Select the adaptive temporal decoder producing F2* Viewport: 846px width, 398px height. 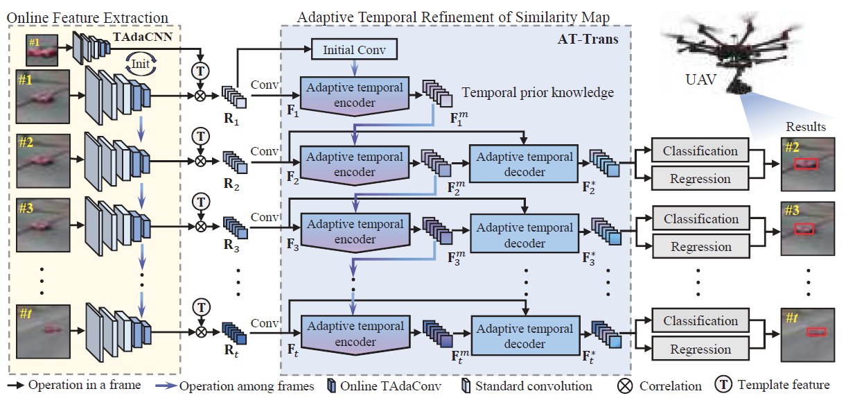[x=524, y=164]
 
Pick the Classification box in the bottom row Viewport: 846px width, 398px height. [x=700, y=321]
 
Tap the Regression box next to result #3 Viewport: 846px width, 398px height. [x=700, y=246]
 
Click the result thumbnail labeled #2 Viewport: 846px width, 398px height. [x=807, y=164]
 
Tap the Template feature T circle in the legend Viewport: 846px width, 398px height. [x=725, y=385]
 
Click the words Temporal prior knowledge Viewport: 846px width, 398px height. [x=538, y=92]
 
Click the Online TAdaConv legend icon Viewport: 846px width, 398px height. [x=331, y=386]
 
